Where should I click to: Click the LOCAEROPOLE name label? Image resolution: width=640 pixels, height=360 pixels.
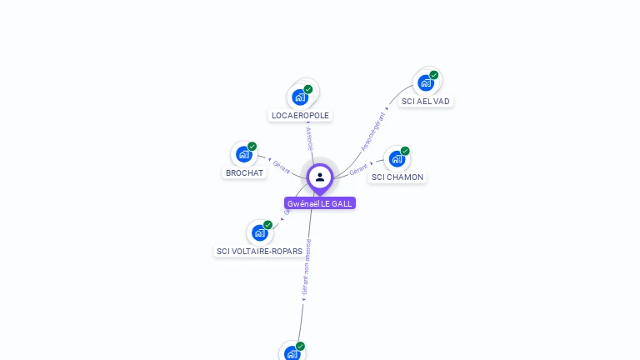coord(300,116)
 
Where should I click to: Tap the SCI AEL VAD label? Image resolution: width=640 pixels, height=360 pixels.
coord(425,102)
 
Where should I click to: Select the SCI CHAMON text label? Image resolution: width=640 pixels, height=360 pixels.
coord(397,177)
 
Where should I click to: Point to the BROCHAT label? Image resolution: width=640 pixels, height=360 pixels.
coord(244,173)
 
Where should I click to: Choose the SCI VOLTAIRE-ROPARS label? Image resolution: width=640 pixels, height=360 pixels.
coord(259,251)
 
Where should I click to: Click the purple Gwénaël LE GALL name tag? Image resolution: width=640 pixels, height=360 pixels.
coord(320,203)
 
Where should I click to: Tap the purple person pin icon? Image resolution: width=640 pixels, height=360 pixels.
coord(320,177)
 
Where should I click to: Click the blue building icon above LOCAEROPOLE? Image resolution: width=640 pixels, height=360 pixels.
coord(300,97)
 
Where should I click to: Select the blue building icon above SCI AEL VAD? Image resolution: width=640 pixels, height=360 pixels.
coord(426,82)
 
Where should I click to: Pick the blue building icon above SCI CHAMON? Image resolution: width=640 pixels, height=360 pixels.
coord(397,158)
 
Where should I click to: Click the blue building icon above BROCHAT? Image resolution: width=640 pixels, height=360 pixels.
coord(244,154)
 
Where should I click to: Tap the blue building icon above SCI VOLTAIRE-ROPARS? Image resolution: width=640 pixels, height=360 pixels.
coord(260,232)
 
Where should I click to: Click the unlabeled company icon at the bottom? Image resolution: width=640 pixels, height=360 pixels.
coord(292,353)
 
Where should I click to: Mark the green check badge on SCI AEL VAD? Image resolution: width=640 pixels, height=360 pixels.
coord(434,75)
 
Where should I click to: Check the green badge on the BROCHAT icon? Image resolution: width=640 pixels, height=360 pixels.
coord(252,147)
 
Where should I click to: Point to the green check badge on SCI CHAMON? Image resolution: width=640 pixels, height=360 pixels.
coord(405,151)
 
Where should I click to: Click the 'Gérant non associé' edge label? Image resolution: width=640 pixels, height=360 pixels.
coord(306,267)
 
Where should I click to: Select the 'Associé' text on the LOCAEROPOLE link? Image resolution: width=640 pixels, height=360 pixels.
coord(309,138)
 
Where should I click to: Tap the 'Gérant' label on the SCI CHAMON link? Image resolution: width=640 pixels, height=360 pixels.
coord(358,169)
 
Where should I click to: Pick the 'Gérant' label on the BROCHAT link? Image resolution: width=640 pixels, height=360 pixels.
coord(282,167)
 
